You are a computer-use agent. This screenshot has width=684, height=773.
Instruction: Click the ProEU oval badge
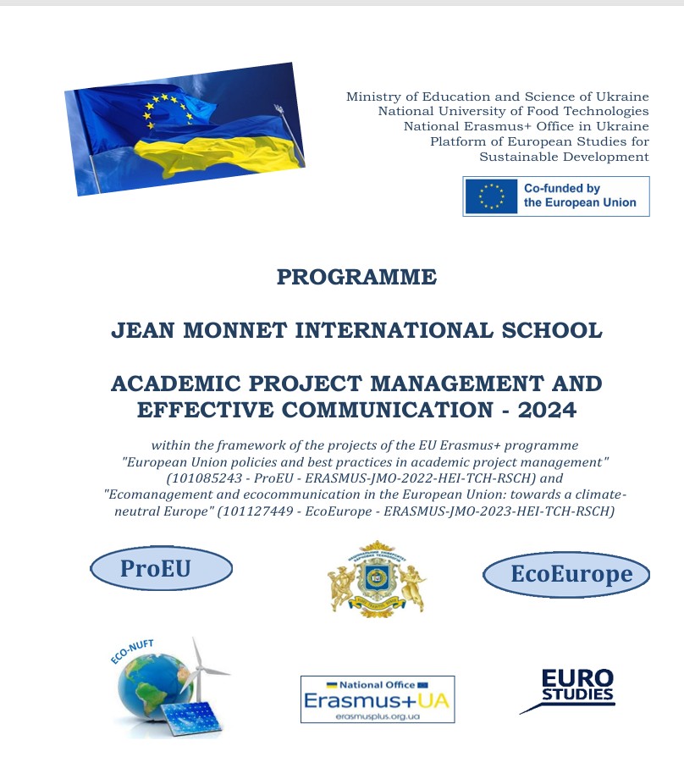(x=161, y=569)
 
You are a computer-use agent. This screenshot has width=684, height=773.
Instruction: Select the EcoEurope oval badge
(x=566, y=575)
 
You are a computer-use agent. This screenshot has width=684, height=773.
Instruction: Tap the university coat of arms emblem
(x=376, y=579)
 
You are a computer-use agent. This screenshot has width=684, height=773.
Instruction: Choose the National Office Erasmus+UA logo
(x=378, y=698)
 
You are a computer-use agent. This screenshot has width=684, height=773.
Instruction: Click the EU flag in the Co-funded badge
(x=491, y=196)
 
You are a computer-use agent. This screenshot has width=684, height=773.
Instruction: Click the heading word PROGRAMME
(x=356, y=277)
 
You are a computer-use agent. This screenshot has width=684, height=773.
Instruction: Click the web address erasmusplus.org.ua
(x=378, y=716)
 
